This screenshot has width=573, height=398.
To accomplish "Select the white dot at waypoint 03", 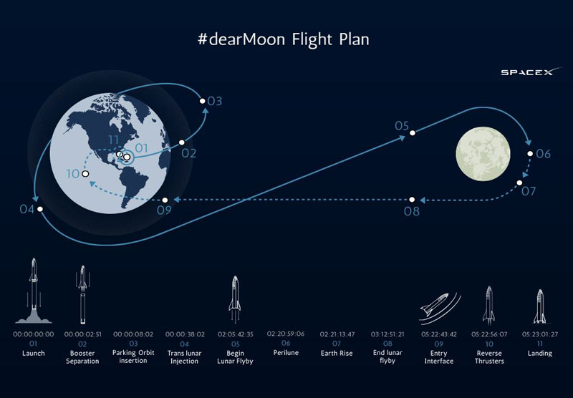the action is point(203,101).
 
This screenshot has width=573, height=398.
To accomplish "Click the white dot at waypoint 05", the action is point(413,133).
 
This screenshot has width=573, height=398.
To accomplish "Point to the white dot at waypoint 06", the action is point(530,154).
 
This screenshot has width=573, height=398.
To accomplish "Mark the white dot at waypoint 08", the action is point(412,200).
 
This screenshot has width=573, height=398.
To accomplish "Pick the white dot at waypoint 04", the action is point(40,209).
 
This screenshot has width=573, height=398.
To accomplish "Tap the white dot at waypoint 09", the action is point(165,200).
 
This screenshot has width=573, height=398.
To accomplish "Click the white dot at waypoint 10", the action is point(85,174).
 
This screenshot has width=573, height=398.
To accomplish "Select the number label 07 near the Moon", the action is point(529,191).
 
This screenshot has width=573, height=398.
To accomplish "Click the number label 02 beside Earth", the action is point(189,153).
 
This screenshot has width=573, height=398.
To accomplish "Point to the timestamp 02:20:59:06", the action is point(285,334).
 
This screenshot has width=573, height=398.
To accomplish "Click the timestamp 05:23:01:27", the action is point(540,334).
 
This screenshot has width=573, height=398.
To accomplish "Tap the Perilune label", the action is point(286,353).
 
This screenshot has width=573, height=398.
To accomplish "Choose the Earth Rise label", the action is point(337,353).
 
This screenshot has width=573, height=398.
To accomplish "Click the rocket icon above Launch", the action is point(34,291).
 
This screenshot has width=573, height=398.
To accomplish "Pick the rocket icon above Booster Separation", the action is point(82,295).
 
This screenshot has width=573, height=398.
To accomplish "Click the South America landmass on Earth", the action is point(134,186).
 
